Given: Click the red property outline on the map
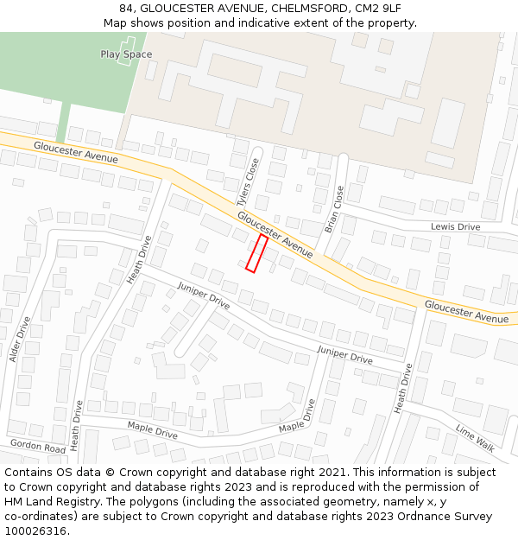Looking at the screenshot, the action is (256, 253).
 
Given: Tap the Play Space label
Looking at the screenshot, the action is (126, 54).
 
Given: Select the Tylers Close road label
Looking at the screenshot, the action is (249, 181).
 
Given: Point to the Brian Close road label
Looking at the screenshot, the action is (333, 210).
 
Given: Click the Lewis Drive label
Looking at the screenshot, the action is (455, 226).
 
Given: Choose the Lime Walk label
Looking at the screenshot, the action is (475, 437).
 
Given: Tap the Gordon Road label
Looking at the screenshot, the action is (38, 447).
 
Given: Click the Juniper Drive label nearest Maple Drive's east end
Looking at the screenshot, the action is (344, 354).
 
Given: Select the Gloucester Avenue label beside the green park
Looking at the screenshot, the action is (76, 152).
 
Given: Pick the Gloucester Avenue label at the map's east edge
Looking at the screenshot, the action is (466, 312).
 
